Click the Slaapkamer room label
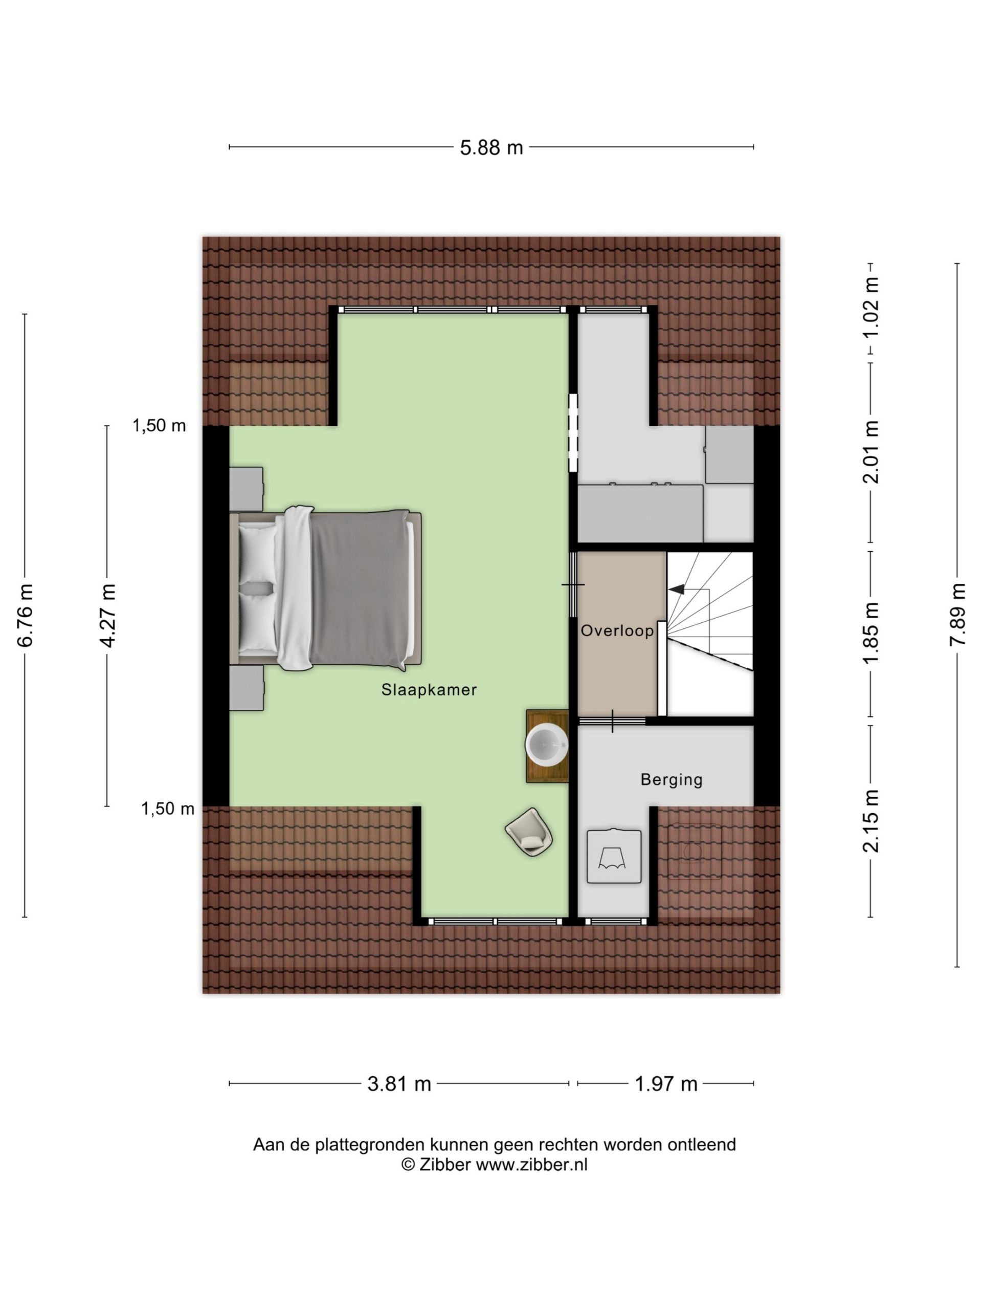point(429,689)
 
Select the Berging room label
point(671,779)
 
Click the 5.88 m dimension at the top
point(492,147)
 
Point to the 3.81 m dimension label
point(399,1084)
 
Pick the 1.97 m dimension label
point(666,1084)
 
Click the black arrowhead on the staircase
point(677,589)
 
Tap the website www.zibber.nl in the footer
point(531,1164)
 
